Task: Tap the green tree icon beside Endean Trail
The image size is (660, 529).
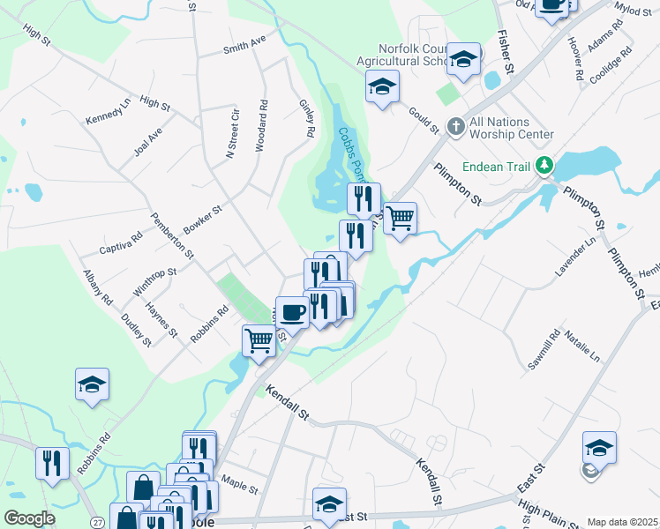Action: pyautogui.click(x=546, y=165)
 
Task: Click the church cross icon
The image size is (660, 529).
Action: pyautogui.click(x=456, y=127)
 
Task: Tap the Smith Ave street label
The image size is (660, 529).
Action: pyautogui.click(x=244, y=45)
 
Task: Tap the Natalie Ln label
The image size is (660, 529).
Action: pyautogui.click(x=582, y=348)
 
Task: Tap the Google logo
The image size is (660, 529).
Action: pyautogui.click(x=29, y=518)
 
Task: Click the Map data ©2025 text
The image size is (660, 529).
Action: pyautogui.click(x=622, y=522)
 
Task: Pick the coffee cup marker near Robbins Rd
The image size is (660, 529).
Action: pyautogui.click(x=293, y=310)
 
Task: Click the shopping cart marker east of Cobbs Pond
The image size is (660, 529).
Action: pyautogui.click(x=401, y=217)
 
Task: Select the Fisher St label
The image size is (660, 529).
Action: pyautogui.click(x=506, y=51)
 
